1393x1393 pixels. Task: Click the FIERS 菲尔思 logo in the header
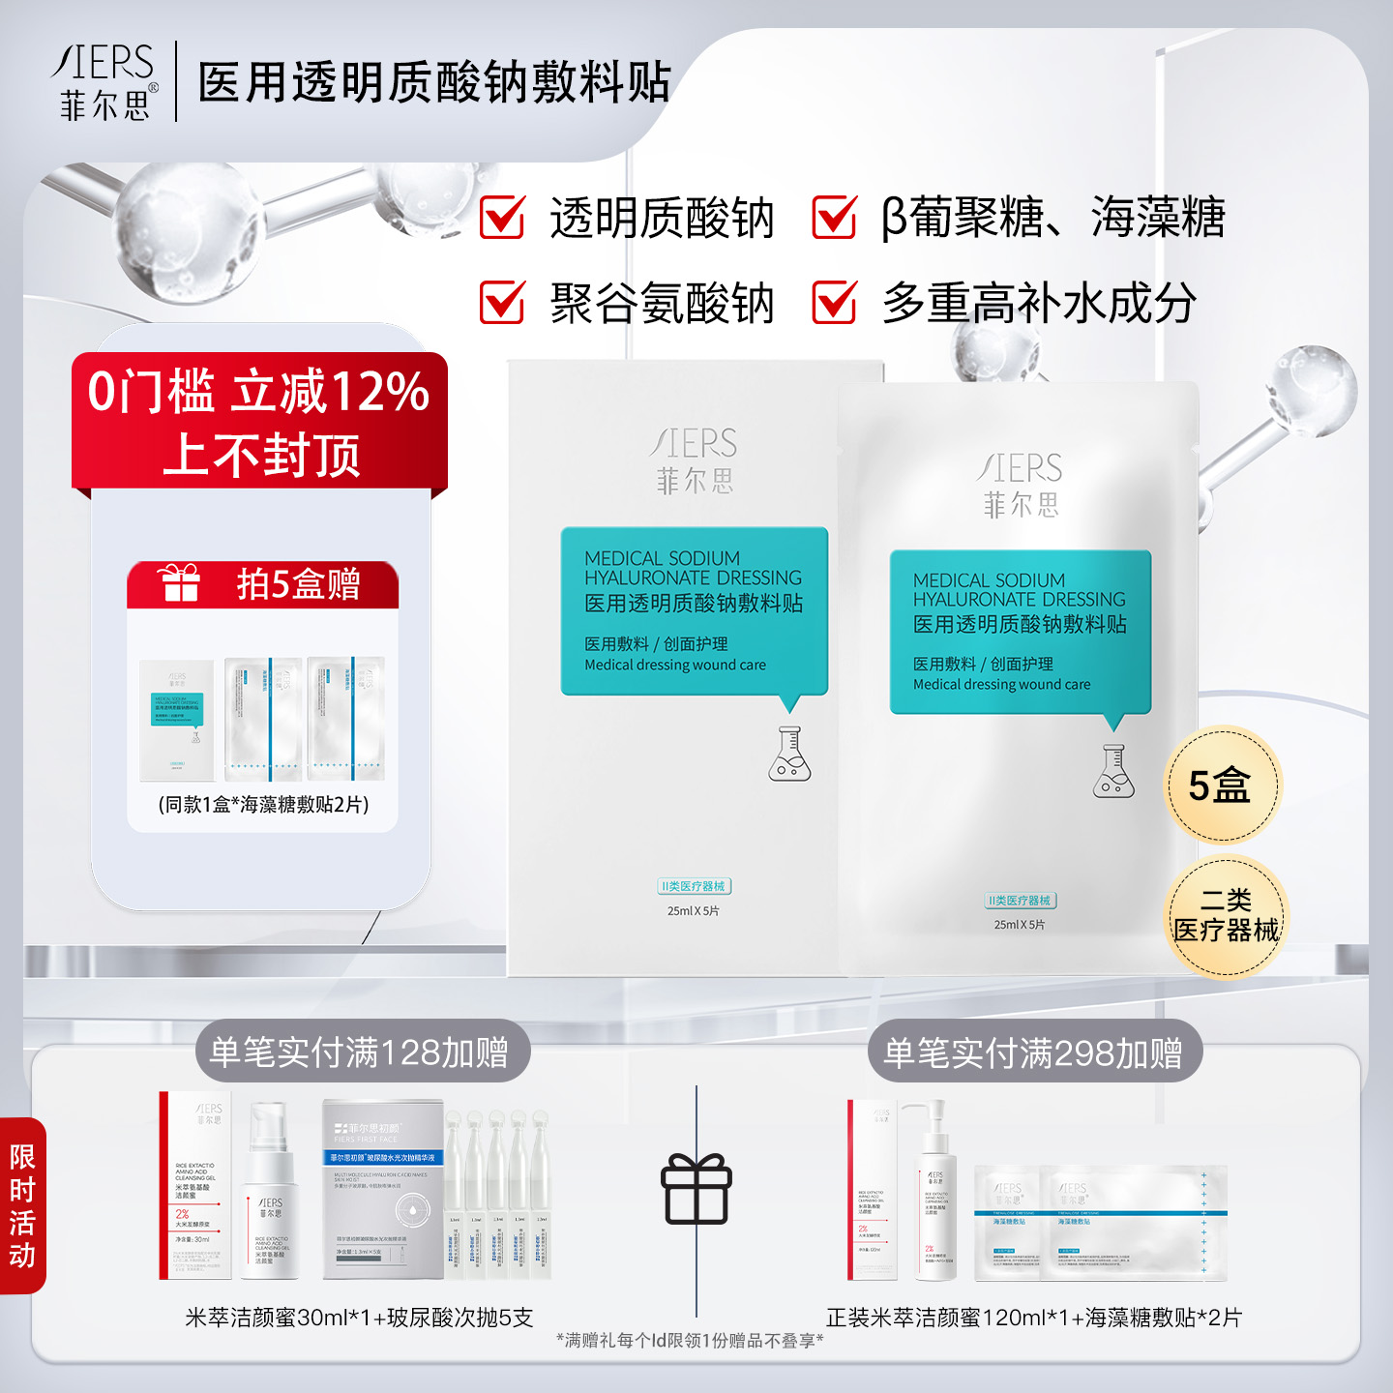coord(104,81)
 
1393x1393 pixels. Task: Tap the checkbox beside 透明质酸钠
coord(503,217)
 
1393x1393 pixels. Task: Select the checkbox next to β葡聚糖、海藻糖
coord(834,217)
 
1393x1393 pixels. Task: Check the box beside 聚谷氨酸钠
coord(503,302)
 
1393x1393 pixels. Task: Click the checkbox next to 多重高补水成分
coord(834,302)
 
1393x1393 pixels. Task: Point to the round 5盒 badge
coord(1221,785)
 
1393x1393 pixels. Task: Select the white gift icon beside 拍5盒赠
coord(179,582)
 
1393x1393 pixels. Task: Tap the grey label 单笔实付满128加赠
coord(360,1052)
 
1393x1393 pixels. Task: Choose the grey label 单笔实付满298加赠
coord(1033,1052)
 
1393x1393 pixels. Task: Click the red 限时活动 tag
coord(22,1205)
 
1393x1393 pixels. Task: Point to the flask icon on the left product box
coord(789,755)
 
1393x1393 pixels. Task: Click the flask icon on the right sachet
coord(1112,772)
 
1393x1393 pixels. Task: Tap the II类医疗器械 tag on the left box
coord(694,886)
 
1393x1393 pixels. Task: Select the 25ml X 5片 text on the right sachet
coord(1020,925)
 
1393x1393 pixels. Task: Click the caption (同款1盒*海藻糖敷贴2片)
coord(263,805)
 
